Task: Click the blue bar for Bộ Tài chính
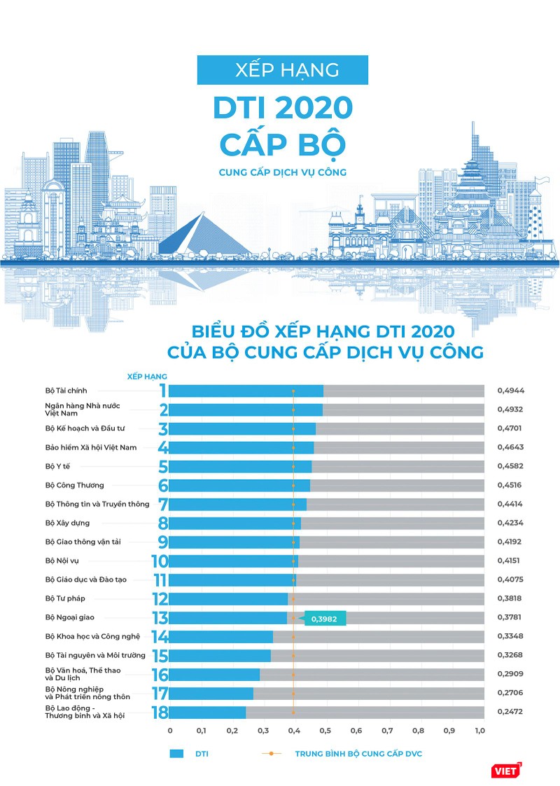coord(246,391)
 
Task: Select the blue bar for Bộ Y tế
coord(240,467)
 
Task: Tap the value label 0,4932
coord(510,410)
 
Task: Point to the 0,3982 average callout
coord(325,618)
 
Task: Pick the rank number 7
coord(162,504)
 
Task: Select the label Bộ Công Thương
coord(74,485)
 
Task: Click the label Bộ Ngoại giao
coord(69,617)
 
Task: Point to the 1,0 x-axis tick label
coord(479,731)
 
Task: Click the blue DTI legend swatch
coord(176,754)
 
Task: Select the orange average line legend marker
coord(270,754)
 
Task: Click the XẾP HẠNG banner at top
coord(282,70)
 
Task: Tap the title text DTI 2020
coord(282,109)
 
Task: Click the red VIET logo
coord(507,770)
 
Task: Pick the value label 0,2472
coord(510,712)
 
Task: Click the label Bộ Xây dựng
coord(67,523)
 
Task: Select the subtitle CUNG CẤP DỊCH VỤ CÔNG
coord(282,171)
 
